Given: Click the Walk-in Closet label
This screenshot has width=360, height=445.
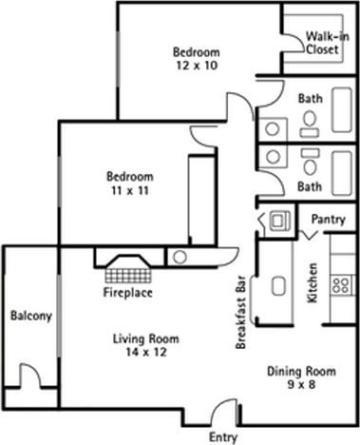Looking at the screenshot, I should coord(323,43).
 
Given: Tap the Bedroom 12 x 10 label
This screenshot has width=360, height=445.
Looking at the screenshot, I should coord(197,58).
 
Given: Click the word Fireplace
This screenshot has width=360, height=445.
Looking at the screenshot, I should coord(126,292).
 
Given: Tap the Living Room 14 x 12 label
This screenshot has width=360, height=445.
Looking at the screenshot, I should coord(145,345).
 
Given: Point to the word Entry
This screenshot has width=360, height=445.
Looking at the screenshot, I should coord(221,437).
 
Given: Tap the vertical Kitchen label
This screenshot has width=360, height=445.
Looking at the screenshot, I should coord(312,282).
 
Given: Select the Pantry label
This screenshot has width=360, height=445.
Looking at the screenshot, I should coord(328,221).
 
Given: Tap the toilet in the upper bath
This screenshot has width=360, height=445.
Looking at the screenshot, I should coord(309,119).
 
